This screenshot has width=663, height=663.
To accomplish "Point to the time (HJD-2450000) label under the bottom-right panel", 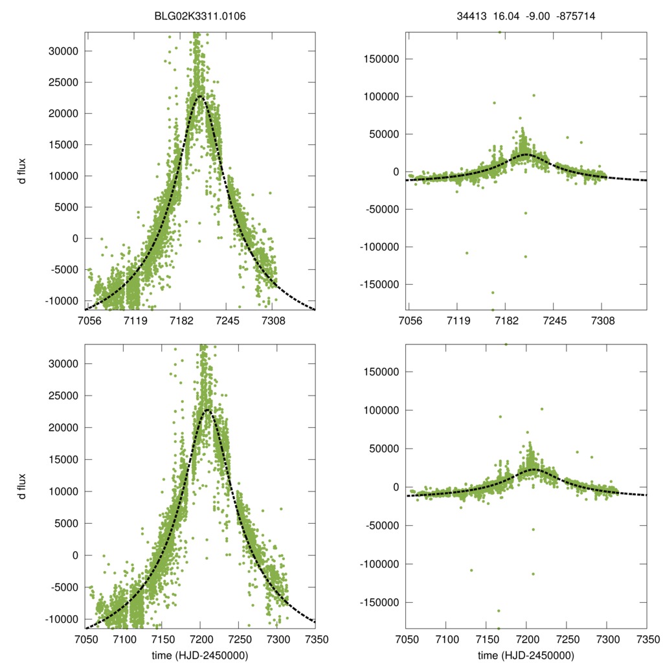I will click(x=526, y=655).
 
